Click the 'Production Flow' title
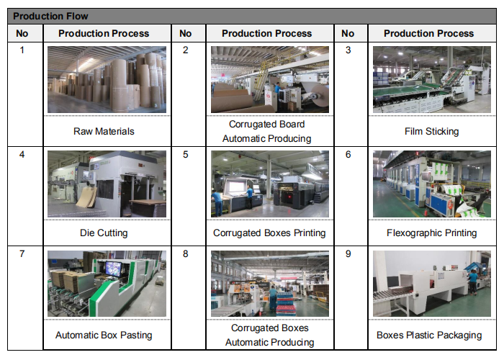[x=50, y=16]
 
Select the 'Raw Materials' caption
[x=104, y=131]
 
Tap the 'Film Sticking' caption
[x=432, y=131]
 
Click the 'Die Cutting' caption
[x=104, y=233]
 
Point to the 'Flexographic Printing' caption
[x=432, y=233]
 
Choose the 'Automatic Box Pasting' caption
[x=104, y=335]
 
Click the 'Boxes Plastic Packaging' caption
[x=429, y=335]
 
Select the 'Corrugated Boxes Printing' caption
[x=269, y=233]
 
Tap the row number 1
[x=22, y=50]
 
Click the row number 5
[x=186, y=155]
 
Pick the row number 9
[x=348, y=254]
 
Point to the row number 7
[x=22, y=254]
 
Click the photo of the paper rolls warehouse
[x=107, y=79]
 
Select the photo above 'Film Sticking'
[x=432, y=79]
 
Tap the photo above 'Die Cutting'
[x=107, y=184]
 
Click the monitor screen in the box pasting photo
[x=113, y=269]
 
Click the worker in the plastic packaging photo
[x=472, y=282]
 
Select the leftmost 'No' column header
[x=22, y=33]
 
